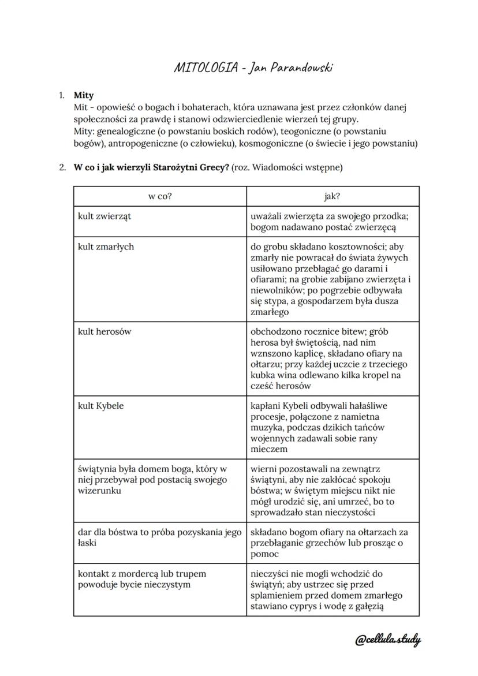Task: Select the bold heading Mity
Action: click(84, 95)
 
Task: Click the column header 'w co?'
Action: click(160, 196)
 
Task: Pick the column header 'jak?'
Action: click(332, 196)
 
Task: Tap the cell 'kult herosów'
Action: click(104, 331)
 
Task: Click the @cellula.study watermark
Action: click(387, 640)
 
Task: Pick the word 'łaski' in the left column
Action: click(88, 543)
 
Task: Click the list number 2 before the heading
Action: click(62, 168)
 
